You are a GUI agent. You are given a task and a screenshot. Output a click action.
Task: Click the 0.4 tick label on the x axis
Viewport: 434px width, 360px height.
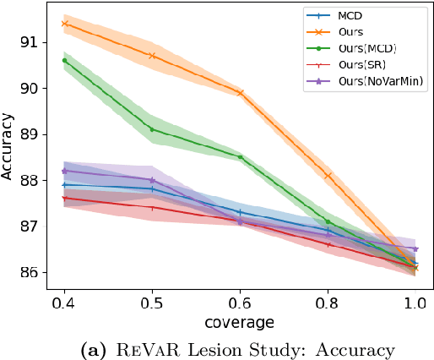[x=64, y=302]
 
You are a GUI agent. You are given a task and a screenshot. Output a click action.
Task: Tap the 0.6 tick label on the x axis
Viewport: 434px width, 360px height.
[x=240, y=302]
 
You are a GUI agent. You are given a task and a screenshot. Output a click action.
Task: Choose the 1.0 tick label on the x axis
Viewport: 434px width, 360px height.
[x=415, y=302]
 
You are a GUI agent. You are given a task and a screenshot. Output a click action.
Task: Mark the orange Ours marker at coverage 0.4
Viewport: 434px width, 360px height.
[x=65, y=24]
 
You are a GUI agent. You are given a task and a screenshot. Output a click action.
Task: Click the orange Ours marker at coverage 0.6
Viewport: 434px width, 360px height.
[x=241, y=93]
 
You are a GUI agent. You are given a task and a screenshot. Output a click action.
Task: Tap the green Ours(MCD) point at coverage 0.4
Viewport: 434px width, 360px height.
[x=65, y=61]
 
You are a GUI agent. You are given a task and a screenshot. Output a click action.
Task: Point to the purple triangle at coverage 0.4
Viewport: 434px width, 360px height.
[x=65, y=171]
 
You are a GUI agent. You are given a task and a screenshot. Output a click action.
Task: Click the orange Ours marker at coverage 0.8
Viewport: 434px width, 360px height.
[x=328, y=176]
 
